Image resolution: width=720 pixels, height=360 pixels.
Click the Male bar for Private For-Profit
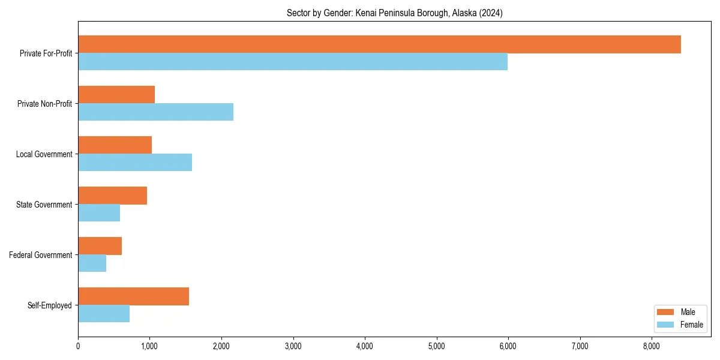tap(379, 44)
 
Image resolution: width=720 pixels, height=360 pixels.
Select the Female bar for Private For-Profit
tap(293, 62)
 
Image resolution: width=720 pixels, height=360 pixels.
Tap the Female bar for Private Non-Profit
tap(155, 112)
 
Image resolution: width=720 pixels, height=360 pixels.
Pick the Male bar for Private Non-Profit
tap(116, 95)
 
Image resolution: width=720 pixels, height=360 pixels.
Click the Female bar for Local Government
tap(135, 163)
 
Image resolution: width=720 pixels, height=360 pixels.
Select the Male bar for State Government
tap(112, 196)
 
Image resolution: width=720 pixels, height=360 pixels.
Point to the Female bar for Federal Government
tap(92, 263)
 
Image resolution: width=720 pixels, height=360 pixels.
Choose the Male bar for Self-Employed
tap(133, 296)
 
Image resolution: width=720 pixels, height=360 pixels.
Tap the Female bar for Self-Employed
tap(104, 314)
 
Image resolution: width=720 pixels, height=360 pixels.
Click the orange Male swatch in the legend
tap(666, 312)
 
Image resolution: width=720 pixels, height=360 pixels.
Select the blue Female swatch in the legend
tap(666, 325)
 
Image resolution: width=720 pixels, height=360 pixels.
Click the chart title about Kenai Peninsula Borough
tap(394, 13)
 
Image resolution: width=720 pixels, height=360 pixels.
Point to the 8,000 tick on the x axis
tap(651, 346)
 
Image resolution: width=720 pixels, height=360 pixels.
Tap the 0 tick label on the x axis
tap(78, 346)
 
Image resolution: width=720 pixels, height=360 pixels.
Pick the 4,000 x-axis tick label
tap(365, 346)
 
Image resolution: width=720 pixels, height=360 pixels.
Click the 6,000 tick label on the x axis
tap(508, 346)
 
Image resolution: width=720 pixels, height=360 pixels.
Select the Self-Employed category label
tap(49, 305)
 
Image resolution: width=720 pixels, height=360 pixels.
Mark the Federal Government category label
tap(40, 255)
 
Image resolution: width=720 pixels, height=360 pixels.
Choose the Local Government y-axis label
tap(44, 154)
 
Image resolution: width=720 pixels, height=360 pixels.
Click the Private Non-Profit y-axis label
tap(44, 104)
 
